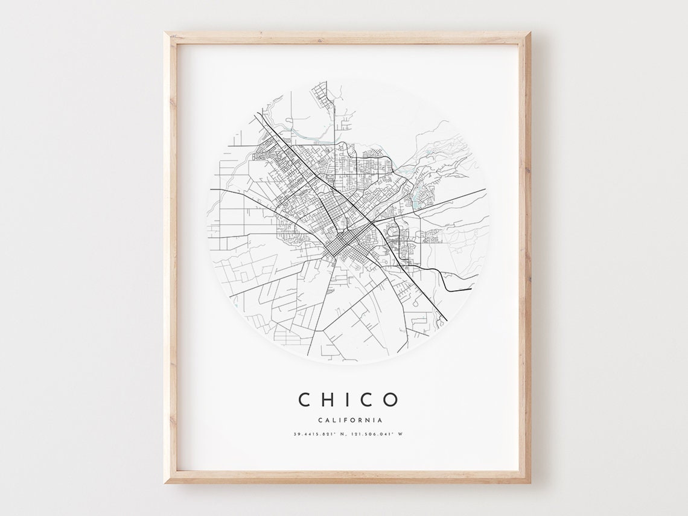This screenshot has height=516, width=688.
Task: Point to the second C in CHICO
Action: coord(366,400)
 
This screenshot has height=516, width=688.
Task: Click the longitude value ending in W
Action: coord(377,435)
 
